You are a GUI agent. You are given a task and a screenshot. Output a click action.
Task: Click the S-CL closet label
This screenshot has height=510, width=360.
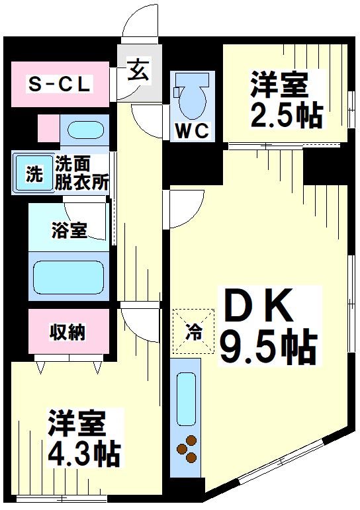click(59, 85)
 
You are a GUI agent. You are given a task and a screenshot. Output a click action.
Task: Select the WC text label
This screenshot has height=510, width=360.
click(192, 130)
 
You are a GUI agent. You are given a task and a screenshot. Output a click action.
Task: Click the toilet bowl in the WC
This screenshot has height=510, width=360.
click(193, 98)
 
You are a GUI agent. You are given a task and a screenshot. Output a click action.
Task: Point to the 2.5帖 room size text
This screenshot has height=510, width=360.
click(287, 115)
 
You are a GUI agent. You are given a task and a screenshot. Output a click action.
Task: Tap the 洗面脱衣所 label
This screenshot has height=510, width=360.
click(81, 173)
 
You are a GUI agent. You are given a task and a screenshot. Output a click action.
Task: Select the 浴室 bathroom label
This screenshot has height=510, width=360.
click(69, 231)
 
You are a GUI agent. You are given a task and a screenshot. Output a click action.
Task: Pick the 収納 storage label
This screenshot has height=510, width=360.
click(68, 332)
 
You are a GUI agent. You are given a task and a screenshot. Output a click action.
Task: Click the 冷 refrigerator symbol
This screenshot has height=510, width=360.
click(193, 329)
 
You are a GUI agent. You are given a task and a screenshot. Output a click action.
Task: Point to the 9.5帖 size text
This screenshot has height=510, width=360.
click(268, 345)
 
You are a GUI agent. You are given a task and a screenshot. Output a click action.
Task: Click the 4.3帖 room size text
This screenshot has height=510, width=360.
click(84, 453)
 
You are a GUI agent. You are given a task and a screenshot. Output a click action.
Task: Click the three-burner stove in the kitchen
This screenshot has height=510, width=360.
click(187, 448)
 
